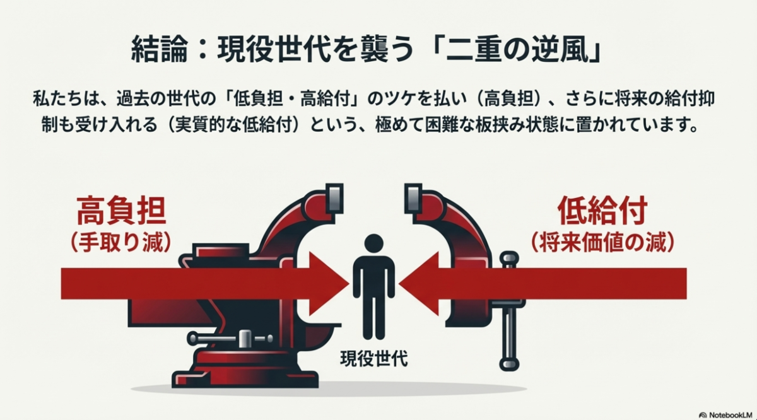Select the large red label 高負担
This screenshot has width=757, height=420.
click(x=121, y=212)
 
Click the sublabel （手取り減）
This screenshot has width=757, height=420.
click(x=121, y=243)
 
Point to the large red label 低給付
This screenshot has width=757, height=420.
click(x=602, y=212)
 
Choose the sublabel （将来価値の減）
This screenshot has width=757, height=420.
click(x=602, y=243)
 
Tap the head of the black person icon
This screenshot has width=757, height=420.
click(x=374, y=242)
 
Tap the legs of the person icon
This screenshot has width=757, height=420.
click(x=374, y=318)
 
